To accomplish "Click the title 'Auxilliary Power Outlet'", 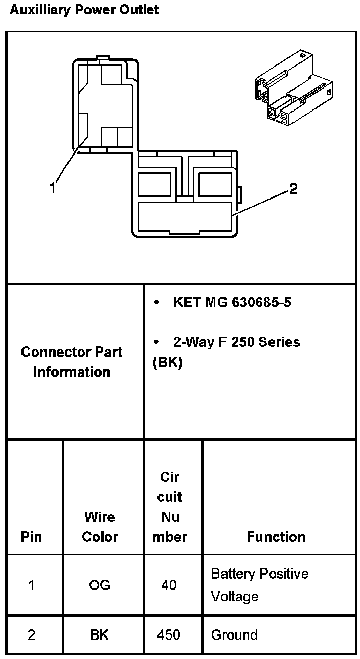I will pos(84,10).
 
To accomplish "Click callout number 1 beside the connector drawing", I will pos(52,188).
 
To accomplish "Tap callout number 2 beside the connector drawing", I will pos(293,189).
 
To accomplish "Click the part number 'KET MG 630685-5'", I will pos(232,302).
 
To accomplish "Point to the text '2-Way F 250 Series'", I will pos(236,342).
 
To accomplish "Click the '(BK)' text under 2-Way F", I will pos(167,362).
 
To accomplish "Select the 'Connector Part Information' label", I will pos(72,362).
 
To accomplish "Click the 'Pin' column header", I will pos(32,537).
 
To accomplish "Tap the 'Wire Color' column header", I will pos(100,526).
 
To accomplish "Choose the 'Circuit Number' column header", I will pos(170,507).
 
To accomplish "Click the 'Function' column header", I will pos(276,537).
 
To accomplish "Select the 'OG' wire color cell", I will pos(100,585).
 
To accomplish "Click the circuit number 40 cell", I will pos(169,585).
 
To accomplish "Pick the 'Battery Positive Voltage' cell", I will pos(259,585).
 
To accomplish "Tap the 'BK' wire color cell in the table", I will pos(100,635).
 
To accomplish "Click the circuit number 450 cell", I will pos(169,635).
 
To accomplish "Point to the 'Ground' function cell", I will pos(234,635).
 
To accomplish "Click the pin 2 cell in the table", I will pos(32,635).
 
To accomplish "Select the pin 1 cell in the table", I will pos(32,585).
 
